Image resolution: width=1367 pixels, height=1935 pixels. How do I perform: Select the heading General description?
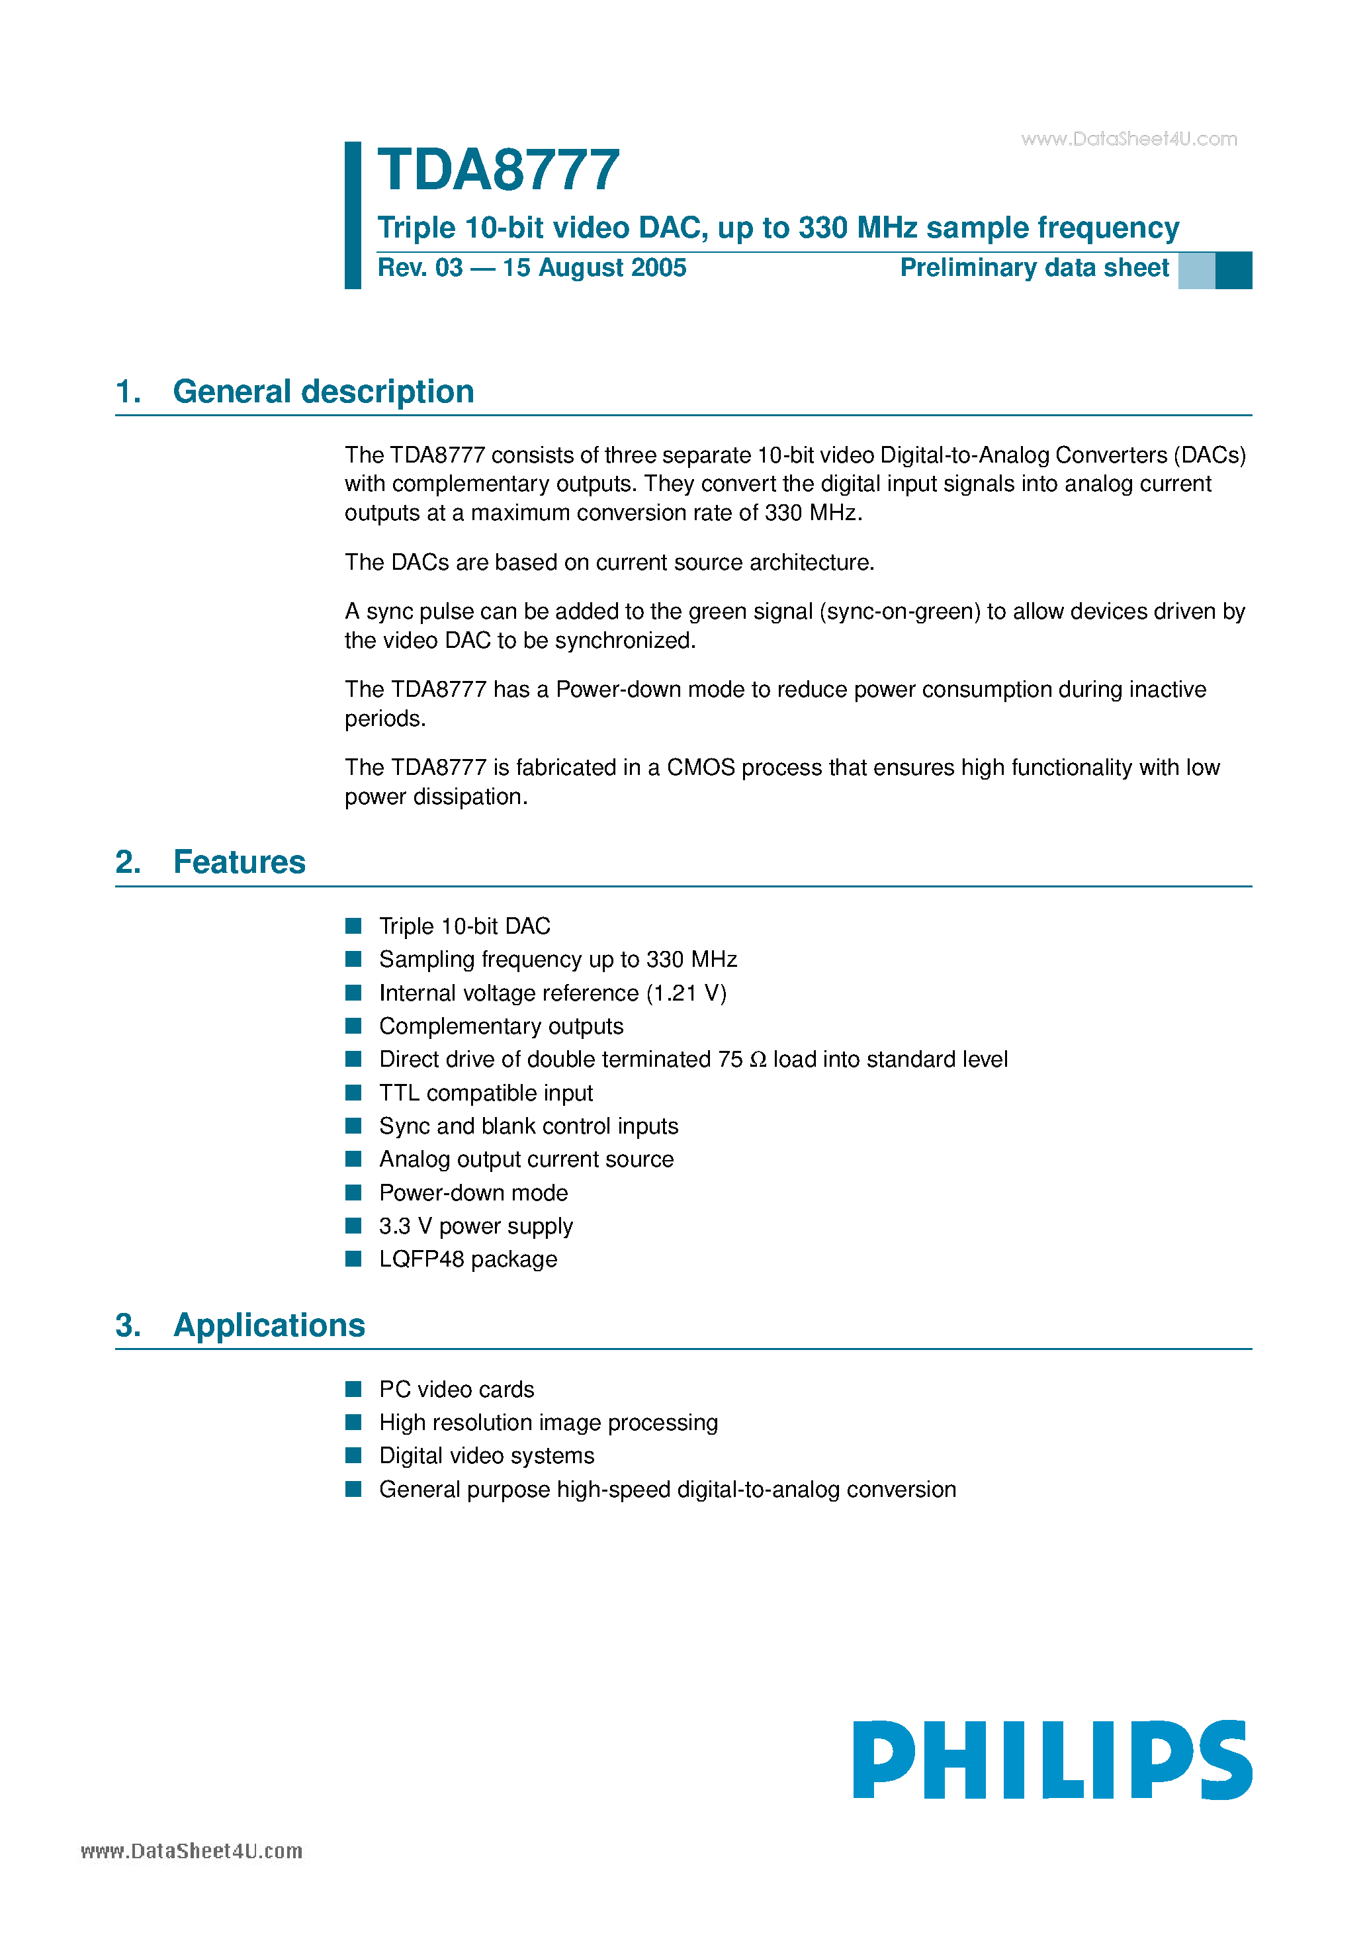coord(323,392)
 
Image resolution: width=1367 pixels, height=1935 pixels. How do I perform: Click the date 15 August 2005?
coord(594,268)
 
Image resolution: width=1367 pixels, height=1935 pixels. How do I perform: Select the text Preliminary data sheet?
coord(1034,268)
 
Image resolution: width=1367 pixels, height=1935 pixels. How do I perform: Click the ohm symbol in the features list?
coord(758,1060)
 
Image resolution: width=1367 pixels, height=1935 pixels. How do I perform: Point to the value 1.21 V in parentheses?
coord(686,993)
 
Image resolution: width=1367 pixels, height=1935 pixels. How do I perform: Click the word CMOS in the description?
coord(700,768)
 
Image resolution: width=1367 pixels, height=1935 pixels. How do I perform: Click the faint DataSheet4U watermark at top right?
coord(1129,139)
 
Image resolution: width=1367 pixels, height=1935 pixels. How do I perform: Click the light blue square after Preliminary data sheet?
coord(1196,271)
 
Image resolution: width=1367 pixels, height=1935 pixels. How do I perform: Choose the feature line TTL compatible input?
coord(486,1093)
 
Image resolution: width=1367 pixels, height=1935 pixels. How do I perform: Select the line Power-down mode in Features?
coord(473,1192)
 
